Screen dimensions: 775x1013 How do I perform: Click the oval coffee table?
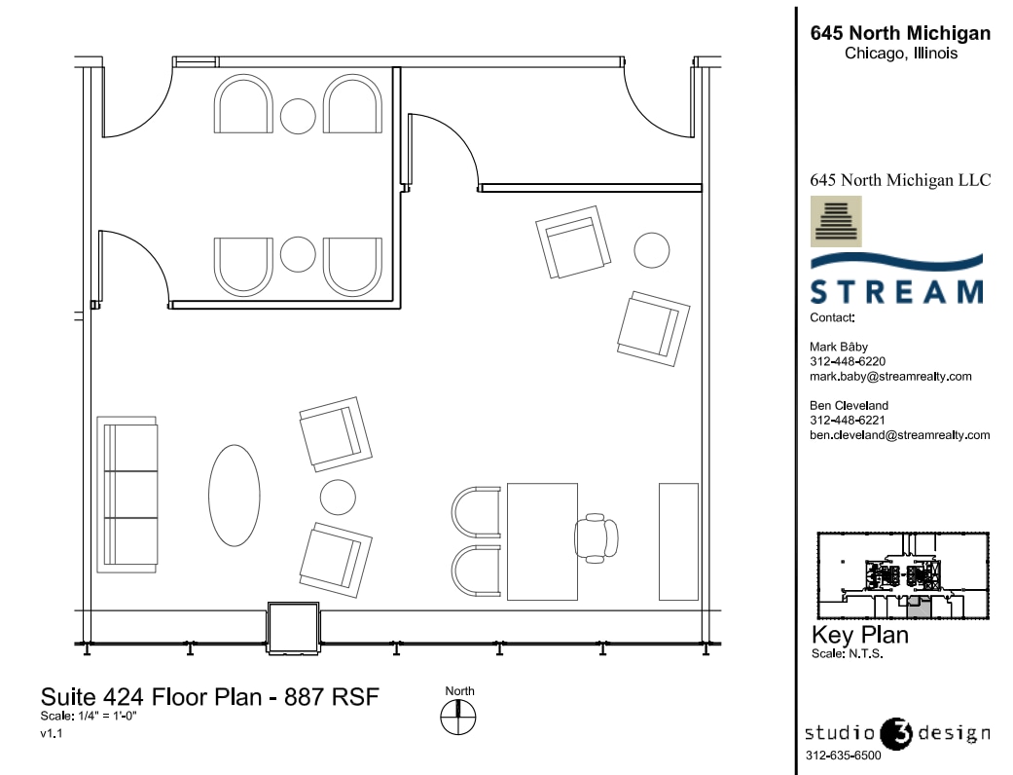[x=235, y=496]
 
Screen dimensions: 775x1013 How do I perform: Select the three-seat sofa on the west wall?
[x=127, y=494]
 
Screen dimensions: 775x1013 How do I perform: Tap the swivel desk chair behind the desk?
[x=596, y=538]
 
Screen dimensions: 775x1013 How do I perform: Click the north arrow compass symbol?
[x=459, y=719]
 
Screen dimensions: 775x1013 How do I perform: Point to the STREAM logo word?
[x=896, y=292]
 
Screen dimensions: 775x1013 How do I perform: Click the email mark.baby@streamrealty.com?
[x=890, y=376]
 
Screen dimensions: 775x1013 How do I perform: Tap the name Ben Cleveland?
[x=849, y=406]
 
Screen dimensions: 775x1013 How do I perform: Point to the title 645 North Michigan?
[x=900, y=34]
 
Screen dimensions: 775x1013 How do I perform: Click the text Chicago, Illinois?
[x=900, y=55]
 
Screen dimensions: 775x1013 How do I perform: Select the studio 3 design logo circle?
[x=895, y=733]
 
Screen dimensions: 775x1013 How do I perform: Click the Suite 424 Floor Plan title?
[x=208, y=697]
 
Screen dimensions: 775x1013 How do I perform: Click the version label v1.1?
[x=52, y=734]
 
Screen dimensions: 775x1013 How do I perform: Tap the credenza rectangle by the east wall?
[x=678, y=540]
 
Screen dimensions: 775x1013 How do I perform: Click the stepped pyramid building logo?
[x=835, y=221]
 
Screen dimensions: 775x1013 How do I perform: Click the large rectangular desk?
[x=535, y=540]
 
